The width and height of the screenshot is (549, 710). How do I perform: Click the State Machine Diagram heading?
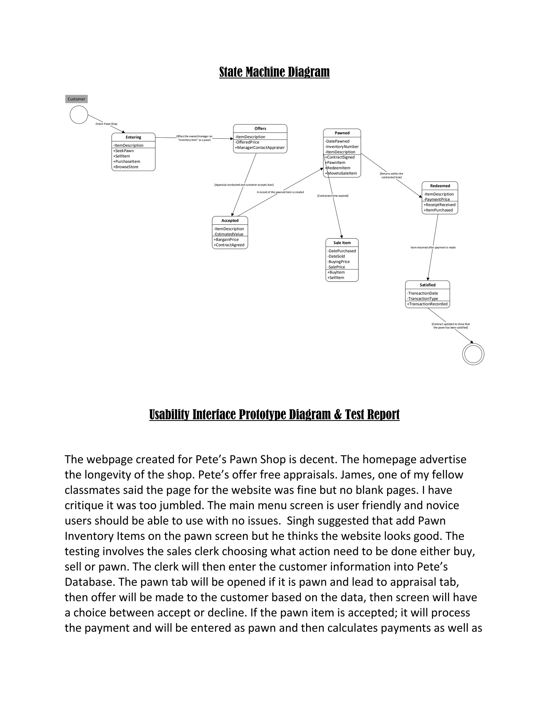(x=274, y=72)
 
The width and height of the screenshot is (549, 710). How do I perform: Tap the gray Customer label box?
(x=76, y=99)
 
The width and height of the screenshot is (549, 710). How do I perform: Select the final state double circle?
(x=473, y=354)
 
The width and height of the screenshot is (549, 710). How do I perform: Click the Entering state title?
(x=133, y=137)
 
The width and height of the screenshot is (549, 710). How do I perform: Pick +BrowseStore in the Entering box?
(x=126, y=167)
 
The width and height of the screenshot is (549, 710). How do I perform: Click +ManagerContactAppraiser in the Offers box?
(x=259, y=148)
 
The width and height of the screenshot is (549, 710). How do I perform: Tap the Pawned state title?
(x=342, y=133)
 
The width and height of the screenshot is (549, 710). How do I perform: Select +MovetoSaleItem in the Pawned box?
(x=341, y=173)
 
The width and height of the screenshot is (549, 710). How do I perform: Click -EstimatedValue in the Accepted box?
(x=229, y=234)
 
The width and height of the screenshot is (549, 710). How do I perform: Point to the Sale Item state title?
(x=342, y=243)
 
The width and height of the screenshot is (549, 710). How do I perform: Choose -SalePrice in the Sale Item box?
(x=336, y=267)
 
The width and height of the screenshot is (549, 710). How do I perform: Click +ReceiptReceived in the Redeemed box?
(x=439, y=205)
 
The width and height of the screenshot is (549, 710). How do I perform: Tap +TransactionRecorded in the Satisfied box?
(x=427, y=304)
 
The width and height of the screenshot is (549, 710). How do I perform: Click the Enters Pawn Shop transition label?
(x=106, y=124)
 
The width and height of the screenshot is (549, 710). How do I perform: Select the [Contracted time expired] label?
(x=333, y=196)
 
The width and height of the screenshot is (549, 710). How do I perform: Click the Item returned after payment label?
(x=433, y=247)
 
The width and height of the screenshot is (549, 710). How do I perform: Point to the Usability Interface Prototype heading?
(x=274, y=414)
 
